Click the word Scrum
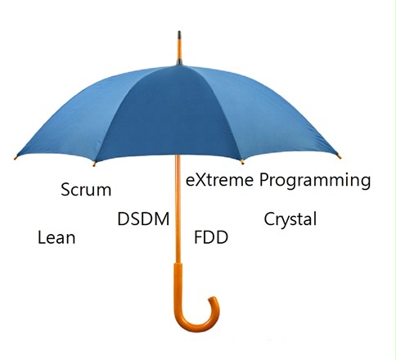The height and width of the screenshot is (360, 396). click(x=86, y=190)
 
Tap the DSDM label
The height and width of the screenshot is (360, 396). click(x=143, y=218)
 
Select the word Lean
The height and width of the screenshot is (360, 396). click(x=56, y=237)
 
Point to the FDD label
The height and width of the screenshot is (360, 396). click(x=211, y=237)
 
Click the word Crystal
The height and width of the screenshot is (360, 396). click(x=290, y=219)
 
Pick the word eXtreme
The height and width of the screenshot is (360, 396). click(x=219, y=180)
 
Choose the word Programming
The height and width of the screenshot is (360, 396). click(x=315, y=182)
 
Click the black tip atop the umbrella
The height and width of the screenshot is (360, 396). click(x=179, y=35)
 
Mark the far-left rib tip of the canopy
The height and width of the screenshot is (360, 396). click(x=16, y=157)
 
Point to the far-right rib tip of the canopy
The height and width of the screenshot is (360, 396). click(x=339, y=156)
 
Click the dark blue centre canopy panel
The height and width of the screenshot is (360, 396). click(x=169, y=115)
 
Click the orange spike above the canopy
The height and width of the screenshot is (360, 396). click(x=179, y=49)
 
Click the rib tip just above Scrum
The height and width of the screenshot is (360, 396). click(x=94, y=164)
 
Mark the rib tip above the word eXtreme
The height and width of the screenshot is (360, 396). click(x=242, y=162)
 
